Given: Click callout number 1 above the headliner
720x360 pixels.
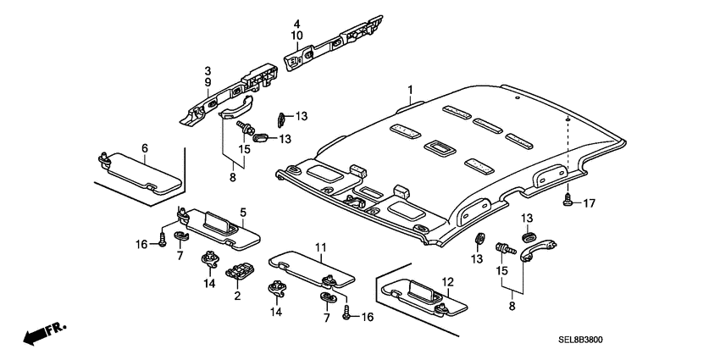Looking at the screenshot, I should tap(410, 89).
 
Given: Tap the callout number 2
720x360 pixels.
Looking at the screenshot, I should tap(238, 296).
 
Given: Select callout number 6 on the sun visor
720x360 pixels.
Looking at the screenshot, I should tap(144, 148).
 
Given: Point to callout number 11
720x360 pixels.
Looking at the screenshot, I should tap(321, 247).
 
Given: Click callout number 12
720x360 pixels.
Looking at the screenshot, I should tap(448, 281).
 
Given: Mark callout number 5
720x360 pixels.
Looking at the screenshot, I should tap(242, 212).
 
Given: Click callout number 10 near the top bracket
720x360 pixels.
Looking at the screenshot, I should tap(297, 36).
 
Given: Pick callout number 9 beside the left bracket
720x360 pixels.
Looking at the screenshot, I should tap(207, 82).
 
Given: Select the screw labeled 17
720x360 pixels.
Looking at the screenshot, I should tap(565, 200).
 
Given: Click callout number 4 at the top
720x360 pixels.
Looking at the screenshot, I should tap(297, 23).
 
